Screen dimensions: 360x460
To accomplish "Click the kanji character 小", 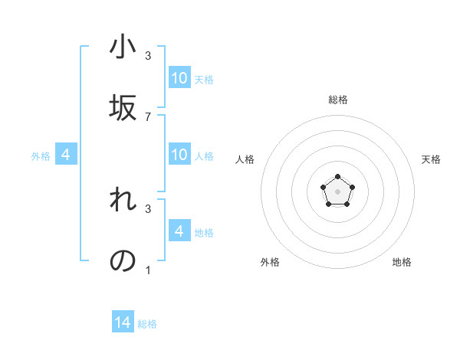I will pos(123,47).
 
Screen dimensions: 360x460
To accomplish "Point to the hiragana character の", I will pos(123,261).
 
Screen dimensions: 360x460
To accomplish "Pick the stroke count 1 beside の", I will pos(148,270).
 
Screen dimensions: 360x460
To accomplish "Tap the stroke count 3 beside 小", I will pos(148,56).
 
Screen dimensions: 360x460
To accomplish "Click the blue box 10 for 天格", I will pos(179,78).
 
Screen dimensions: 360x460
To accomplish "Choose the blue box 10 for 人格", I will pos(179,155).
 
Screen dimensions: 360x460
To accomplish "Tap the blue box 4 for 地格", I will pos(179,231).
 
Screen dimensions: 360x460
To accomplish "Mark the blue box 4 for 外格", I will pos(66,155).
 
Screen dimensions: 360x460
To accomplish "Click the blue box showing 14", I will pos(123,323).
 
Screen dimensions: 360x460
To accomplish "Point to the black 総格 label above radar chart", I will pos(338,100).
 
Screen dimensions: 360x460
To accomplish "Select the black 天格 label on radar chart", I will pos(431,159).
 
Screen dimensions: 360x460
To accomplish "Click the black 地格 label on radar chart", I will pos(402,262).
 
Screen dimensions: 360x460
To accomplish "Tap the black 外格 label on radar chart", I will pos(270,262).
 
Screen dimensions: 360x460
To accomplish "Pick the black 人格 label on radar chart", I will pos(245,159).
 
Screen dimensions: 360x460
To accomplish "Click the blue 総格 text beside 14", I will pos(147,324).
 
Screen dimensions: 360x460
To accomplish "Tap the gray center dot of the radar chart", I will pos(337,191).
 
